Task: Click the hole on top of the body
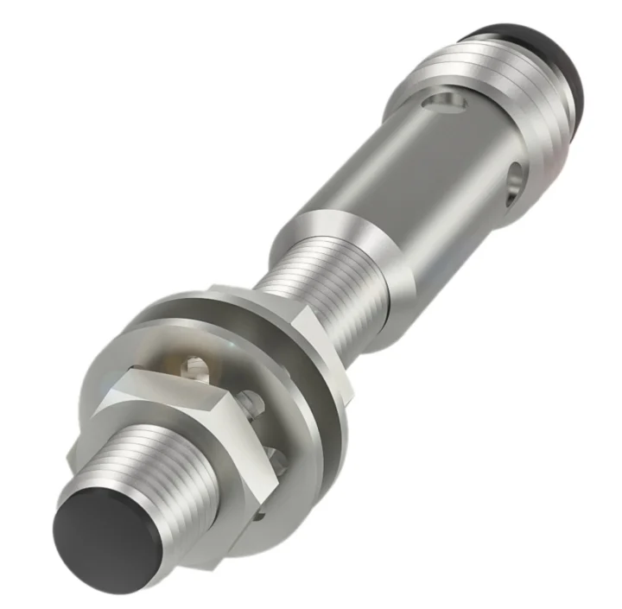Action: (445, 105)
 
